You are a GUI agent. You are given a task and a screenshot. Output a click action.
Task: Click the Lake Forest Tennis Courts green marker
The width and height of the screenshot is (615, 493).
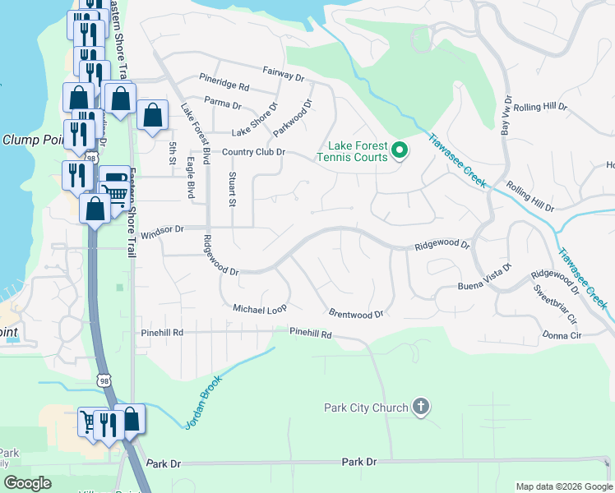400,150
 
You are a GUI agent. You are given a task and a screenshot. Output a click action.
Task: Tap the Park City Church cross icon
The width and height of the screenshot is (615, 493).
420,407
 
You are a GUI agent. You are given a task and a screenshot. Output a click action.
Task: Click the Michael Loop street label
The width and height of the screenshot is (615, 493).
259,309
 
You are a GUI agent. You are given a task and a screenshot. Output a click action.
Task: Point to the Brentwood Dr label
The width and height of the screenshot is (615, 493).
356,314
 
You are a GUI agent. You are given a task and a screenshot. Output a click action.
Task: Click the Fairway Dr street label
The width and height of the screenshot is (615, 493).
284,74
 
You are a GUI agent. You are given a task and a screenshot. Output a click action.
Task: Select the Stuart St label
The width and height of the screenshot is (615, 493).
233,189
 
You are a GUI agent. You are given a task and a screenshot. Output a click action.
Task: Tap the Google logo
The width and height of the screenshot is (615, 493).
27,483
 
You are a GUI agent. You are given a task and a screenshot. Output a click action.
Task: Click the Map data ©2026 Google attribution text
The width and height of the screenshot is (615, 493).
563,486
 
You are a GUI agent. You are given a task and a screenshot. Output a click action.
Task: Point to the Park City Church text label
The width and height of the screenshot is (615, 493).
367,408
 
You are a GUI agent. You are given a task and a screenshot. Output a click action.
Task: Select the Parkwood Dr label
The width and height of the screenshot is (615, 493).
294,118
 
